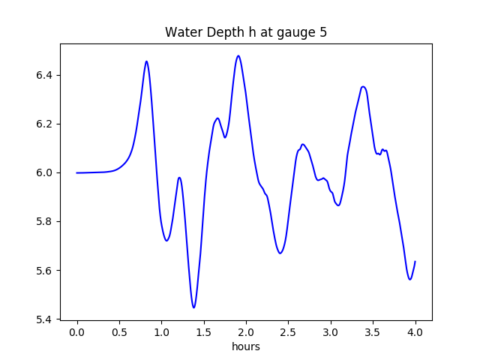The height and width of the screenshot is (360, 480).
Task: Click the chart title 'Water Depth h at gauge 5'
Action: click(x=246, y=32)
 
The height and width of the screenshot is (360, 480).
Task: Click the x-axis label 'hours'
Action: click(x=246, y=347)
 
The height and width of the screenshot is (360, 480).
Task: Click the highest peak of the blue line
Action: click(x=238, y=55)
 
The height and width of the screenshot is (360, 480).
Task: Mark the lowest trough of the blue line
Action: click(x=193, y=307)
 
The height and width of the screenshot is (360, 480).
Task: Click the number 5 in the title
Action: click(x=323, y=32)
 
